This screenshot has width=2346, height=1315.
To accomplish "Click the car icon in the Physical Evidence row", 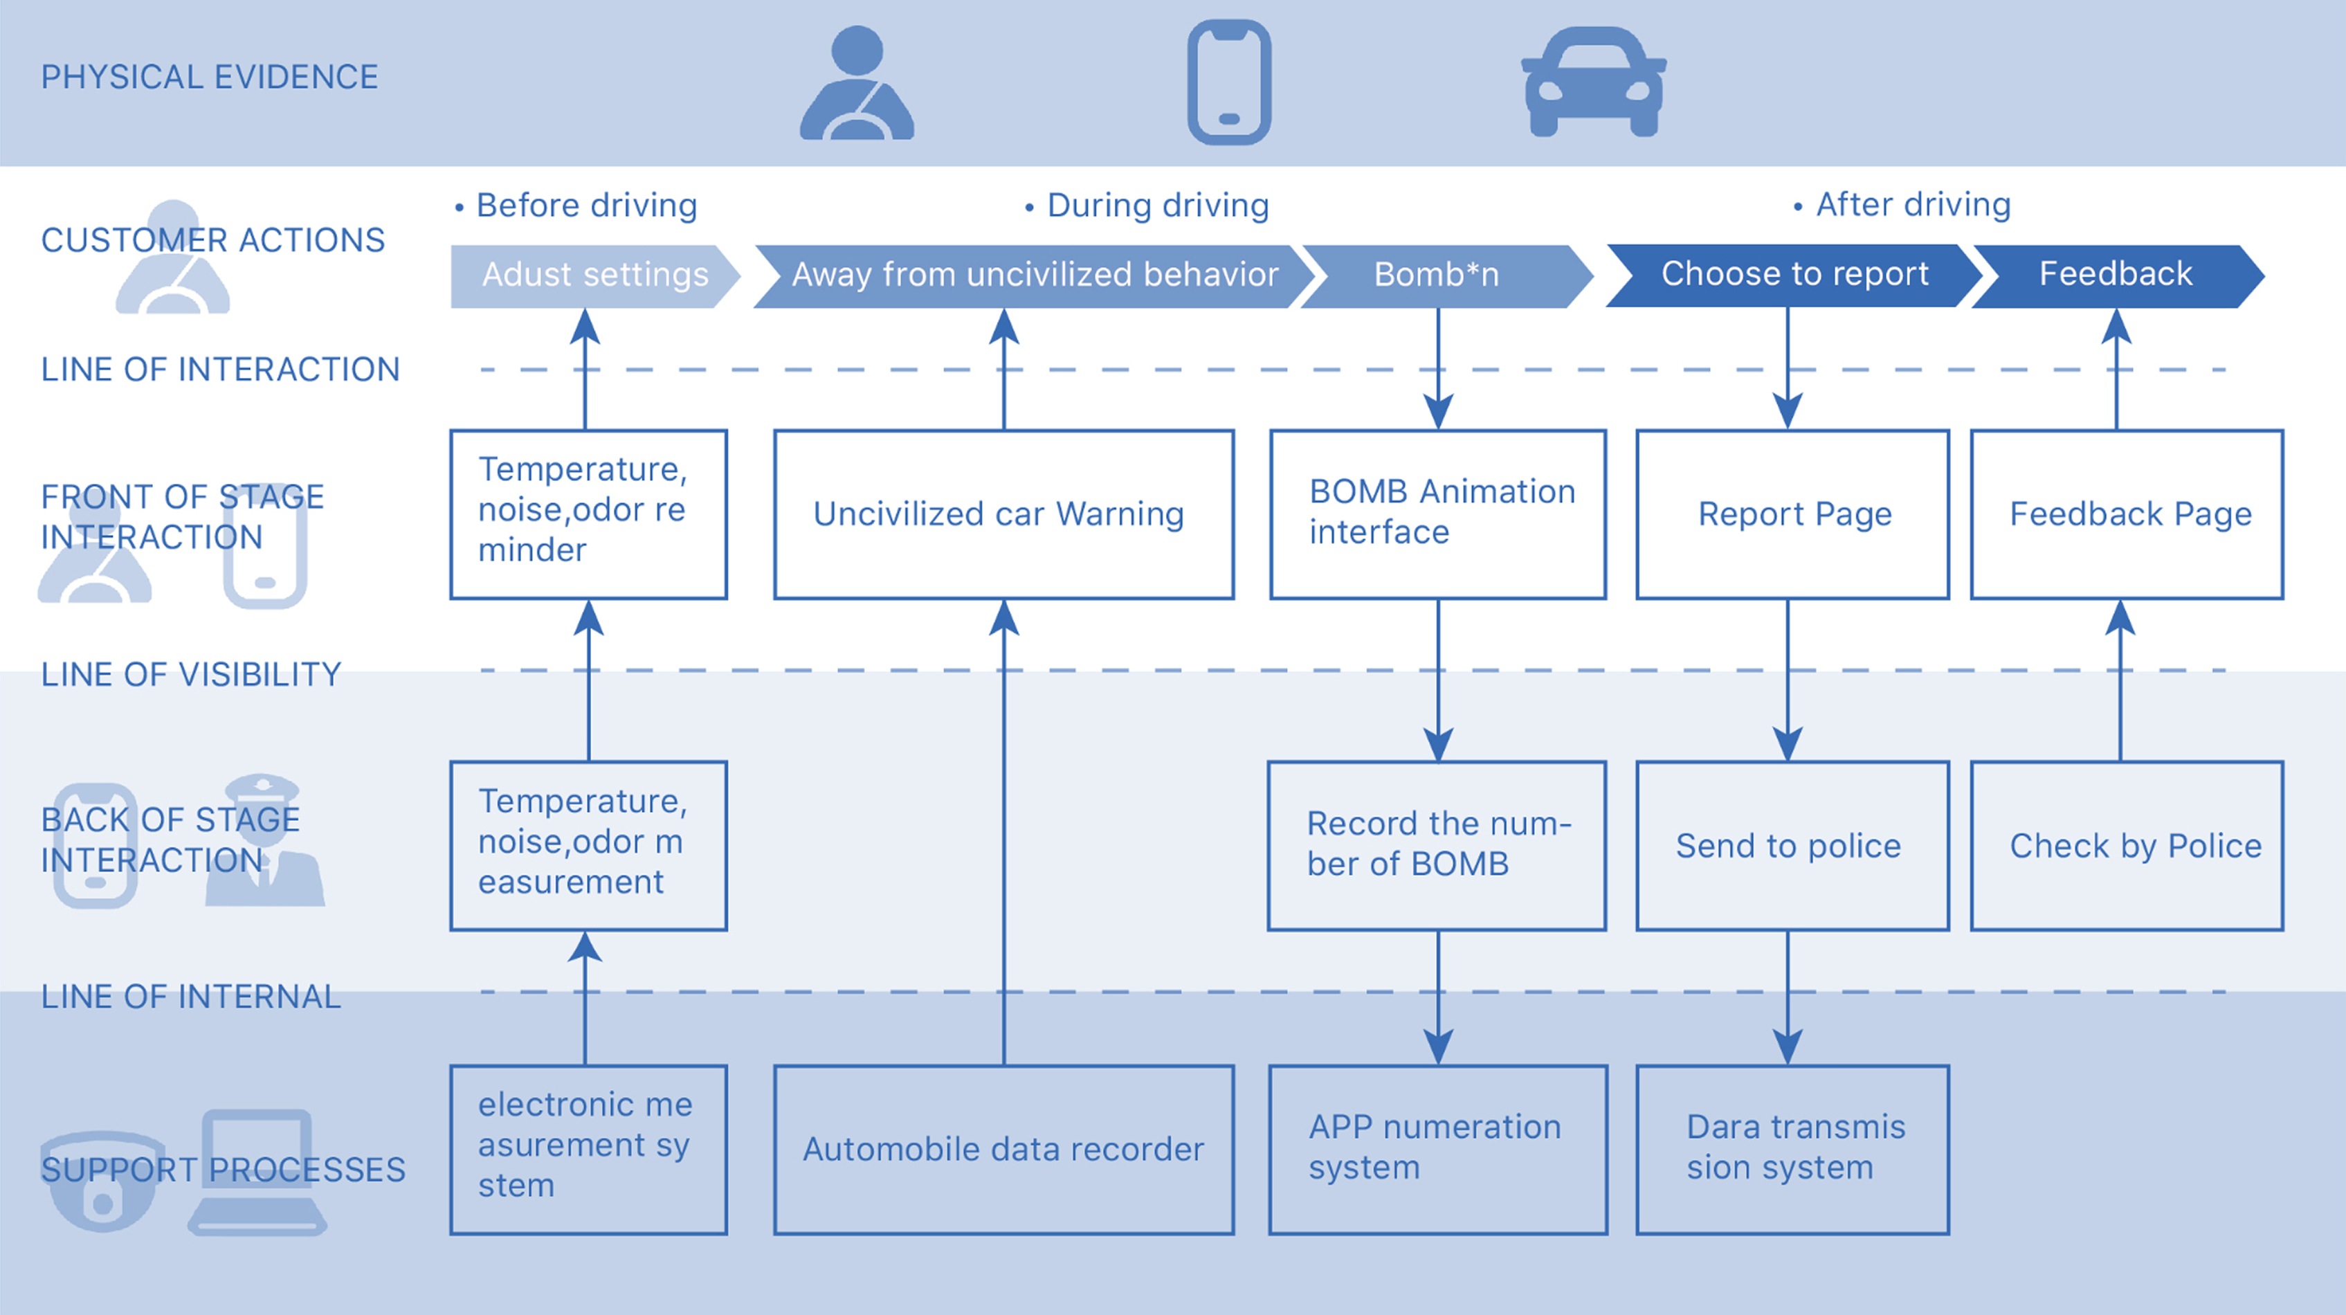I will click(x=1594, y=82).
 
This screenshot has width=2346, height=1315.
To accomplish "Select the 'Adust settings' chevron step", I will click(x=594, y=275).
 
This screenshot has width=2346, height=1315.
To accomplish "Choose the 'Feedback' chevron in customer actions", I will click(x=2115, y=275).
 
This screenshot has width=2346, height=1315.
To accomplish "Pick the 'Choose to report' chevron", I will click(x=1792, y=275).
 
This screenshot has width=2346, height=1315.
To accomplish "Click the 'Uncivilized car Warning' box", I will click(x=1003, y=514).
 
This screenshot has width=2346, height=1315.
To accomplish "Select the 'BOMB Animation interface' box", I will click(x=1438, y=514).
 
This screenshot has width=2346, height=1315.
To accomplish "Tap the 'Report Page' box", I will click(x=1792, y=514).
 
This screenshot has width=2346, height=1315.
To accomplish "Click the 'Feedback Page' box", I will click(x=2127, y=514).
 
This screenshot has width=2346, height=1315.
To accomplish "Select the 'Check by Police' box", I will click(x=2127, y=846).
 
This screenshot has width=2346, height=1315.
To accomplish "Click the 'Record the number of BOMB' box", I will click(x=1437, y=846).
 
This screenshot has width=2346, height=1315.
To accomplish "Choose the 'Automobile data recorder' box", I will click(x=1003, y=1150).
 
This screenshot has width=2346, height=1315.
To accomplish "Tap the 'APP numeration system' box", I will click(x=1438, y=1150).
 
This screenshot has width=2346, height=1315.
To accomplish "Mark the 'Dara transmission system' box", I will click(x=1792, y=1150).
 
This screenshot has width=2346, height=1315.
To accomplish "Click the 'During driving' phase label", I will click(x=1156, y=206).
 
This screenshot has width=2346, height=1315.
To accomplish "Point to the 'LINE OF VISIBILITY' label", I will click(x=190, y=675).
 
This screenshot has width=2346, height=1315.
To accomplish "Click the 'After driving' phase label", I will click(x=1913, y=205).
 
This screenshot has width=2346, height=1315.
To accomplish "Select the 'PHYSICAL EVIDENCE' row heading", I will click(x=210, y=78).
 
